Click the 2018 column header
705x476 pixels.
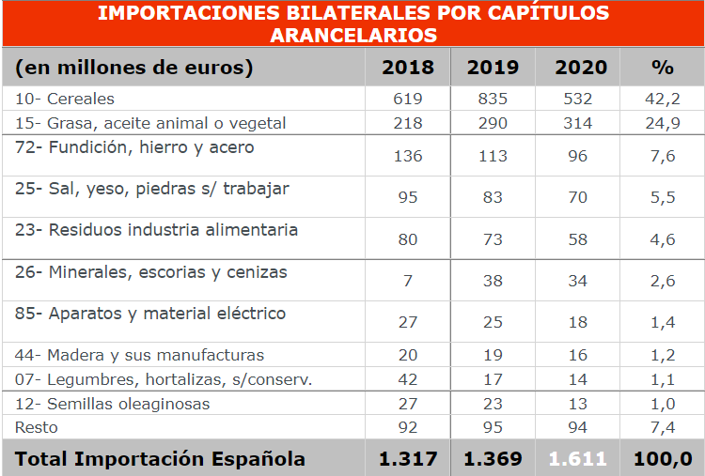coord(408,68)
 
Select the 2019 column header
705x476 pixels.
coord(493,68)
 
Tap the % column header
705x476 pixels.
coord(663,68)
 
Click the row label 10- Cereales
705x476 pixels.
coord(65,99)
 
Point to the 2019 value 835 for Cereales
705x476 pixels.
coord(493,99)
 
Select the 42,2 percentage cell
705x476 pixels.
coord(663,99)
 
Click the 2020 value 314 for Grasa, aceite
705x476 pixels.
coord(578,123)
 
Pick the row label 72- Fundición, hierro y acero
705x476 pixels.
coord(134,147)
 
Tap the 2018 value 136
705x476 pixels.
coord(408,156)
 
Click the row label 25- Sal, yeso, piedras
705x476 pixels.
coord(151,189)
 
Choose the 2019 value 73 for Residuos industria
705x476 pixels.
coord(493,239)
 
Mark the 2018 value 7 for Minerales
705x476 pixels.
coord(408,281)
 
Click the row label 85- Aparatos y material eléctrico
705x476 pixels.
coord(150,314)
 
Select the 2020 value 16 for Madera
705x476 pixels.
coord(578,355)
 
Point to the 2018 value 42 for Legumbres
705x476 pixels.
coord(408,379)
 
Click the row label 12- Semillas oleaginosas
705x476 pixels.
coord(112,404)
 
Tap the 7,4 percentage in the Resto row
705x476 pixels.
coord(663,427)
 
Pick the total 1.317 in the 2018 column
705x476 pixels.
coord(408,459)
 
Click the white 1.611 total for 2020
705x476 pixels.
coord(578,459)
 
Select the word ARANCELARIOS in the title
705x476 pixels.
coord(352,35)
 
